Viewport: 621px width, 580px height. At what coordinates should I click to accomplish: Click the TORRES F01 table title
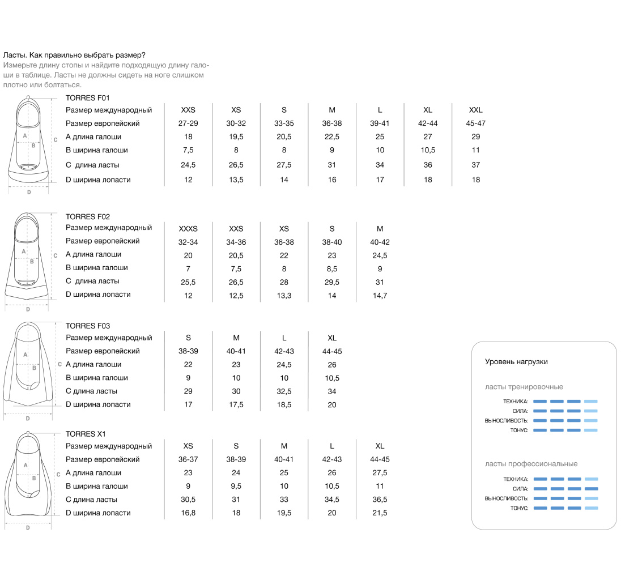(x=87, y=97)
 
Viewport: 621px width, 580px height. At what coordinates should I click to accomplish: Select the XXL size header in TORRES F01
(x=475, y=110)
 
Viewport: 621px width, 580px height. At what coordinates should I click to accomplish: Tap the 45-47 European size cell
(x=475, y=123)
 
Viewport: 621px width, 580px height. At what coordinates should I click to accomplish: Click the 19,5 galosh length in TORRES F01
(x=236, y=137)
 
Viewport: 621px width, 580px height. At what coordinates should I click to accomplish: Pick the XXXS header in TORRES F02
(x=188, y=229)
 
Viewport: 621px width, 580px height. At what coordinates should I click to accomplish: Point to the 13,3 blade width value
(x=284, y=295)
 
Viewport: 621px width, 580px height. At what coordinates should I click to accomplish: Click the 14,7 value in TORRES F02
(x=380, y=295)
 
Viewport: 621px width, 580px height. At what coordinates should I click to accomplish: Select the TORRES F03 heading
(x=87, y=326)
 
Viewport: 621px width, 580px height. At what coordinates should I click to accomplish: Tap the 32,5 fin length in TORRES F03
(x=284, y=391)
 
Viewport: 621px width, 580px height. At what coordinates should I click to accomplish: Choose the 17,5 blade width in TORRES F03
(x=236, y=405)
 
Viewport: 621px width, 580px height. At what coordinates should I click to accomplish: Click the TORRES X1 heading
(x=86, y=434)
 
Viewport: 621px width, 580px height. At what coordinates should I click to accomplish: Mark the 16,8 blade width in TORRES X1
(x=188, y=513)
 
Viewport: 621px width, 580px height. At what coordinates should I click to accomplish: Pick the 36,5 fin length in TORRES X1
(x=380, y=500)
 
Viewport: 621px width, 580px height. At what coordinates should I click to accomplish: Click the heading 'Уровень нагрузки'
(x=516, y=362)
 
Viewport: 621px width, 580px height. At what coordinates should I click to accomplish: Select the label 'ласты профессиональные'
(x=531, y=464)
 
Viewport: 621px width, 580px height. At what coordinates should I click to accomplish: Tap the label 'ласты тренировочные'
(x=524, y=387)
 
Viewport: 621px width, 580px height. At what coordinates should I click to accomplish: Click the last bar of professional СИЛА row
(x=591, y=489)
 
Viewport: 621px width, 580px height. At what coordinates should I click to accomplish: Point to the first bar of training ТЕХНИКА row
(x=540, y=401)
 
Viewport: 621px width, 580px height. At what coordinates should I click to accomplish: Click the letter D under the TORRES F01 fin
(x=29, y=192)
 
